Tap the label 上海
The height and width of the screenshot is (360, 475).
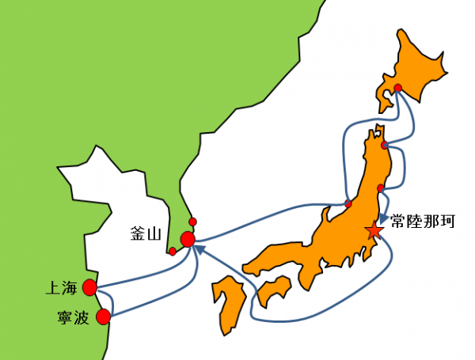point(62,286)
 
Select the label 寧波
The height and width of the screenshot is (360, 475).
point(62,318)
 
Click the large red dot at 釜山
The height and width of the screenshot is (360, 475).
point(188,239)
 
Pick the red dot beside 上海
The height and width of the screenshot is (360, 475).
point(89,286)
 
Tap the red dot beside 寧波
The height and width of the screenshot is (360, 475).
point(102,317)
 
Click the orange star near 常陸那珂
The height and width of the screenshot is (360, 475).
point(374,231)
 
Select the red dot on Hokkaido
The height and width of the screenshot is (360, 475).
point(398,88)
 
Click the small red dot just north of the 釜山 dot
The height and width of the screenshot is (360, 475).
point(193,221)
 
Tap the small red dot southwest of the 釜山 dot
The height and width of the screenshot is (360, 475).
point(173,252)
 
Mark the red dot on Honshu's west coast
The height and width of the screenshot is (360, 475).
point(348,204)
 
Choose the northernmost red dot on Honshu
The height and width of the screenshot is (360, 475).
point(384,146)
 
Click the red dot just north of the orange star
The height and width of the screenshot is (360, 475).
point(381,188)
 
